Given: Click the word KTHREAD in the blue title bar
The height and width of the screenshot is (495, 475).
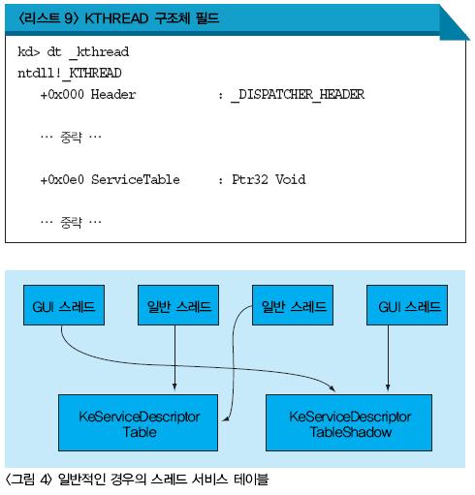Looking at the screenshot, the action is pyautogui.click(x=116, y=18).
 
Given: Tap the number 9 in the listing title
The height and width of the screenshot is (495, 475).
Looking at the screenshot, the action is pyautogui.click(x=69, y=18).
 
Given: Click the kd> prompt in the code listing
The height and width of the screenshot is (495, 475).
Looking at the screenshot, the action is pyautogui.click(x=29, y=51).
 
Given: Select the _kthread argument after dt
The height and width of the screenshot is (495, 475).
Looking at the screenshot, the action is pyautogui.click(x=99, y=52).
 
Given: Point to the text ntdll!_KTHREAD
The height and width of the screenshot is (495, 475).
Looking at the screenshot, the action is pyautogui.click(x=70, y=74).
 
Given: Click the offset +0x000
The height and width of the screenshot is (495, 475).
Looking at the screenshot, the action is pyautogui.click(x=62, y=95).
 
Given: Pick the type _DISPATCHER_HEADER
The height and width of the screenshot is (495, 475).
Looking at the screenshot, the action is pyautogui.click(x=298, y=95).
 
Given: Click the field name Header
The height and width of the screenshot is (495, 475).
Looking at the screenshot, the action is pyautogui.click(x=113, y=95).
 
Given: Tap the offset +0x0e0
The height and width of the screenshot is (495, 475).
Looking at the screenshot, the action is pyautogui.click(x=62, y=180).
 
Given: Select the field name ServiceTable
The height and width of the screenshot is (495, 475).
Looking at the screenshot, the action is pyautogui.click(x=136, y=180).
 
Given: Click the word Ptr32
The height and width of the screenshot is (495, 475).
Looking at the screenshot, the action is pyautogui.click(x=250, y=180).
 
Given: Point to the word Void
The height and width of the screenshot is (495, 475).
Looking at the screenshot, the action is pyautogui.click(x=290, y=180).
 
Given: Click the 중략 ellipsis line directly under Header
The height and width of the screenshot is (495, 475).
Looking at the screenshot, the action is pyautogui.click(x=71, y=137).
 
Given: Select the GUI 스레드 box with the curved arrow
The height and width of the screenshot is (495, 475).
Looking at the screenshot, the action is pyautogui.click(x=64, y=305).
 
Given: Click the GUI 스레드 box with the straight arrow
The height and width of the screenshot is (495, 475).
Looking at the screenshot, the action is pyautogui.click(x=407, y=305).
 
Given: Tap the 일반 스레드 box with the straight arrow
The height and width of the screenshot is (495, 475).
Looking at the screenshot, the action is pyautogui.click(x=178, y=305).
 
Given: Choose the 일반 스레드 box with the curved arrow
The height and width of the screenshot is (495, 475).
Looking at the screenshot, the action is pyautogui.click(x=293, y=305).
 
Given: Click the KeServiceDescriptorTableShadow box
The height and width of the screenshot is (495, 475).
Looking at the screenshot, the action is pyautogui.click(x=349, y=422).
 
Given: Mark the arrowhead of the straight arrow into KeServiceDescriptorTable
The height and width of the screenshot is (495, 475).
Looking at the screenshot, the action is pyautogui.click(x=174, y=387).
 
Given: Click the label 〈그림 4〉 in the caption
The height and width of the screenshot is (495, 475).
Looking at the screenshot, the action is pyautogui.click(x=28, y=480).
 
